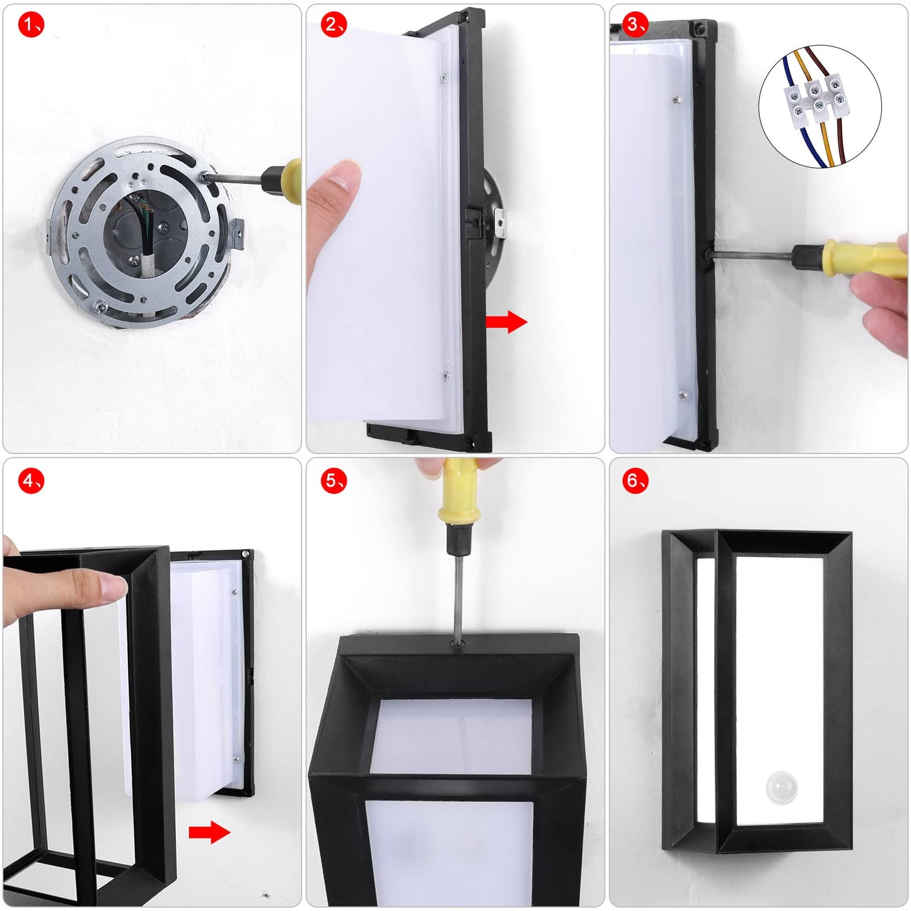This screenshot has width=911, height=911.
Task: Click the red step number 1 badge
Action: (31, 24)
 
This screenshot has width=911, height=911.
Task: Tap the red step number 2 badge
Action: (334, 24)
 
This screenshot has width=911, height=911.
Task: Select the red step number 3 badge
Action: (635, 24)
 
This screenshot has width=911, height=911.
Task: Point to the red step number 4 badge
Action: (31, 481)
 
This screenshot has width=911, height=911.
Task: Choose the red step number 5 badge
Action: (334, 481)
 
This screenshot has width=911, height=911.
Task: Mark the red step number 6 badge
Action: (635, 481)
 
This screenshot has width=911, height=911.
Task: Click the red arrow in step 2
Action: (506, 322)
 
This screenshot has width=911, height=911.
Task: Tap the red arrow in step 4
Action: (209, 832)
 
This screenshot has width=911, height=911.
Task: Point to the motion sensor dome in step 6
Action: (782, 787)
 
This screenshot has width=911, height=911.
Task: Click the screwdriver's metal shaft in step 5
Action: (458, 596)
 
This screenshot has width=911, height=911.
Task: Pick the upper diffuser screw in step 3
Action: (677, 100)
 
